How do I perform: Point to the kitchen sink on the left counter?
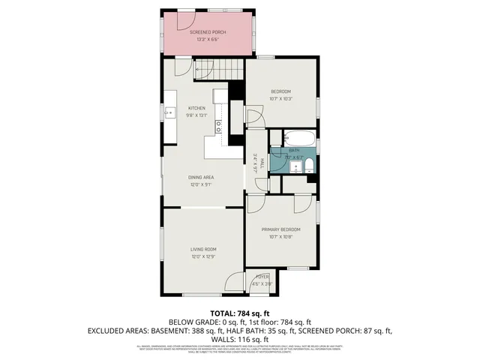click(x=172, y=115)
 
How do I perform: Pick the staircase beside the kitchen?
click(x=217, y=70)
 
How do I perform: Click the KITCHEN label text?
click(x=196, y=108)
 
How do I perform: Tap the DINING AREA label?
click(x=201, y=177)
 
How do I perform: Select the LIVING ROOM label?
click(x=202, y=249)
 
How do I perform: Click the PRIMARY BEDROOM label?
click(x=280, y=229)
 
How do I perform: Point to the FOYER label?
click(x=262, y=277)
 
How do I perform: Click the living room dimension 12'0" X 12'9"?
click(x=202, y=256)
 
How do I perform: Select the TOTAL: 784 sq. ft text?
click(x=239, y=313)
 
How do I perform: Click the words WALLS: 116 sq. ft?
click(x=239, y=339)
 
